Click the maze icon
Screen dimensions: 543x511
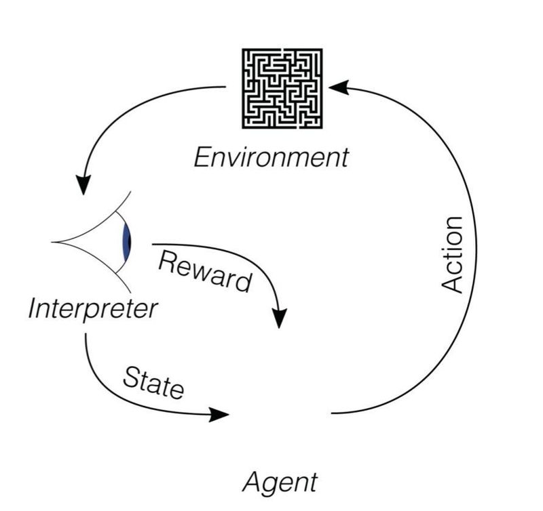pyautogui.click(x=282, y=89)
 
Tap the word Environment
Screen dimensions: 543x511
pyautogui.click(x=271, y=158)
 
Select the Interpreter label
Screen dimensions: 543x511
pyautogui.click(x=93, y=308)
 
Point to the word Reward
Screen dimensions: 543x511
pyautogui.click(x=205, y=271)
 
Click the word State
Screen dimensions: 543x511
pyautogui.click(x=153, y=383)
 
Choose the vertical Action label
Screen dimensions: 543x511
pyautogui.click(x=452, y=255)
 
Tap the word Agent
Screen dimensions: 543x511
pyautogui.click(x=280, y=482)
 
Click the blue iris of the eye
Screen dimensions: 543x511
pyautogui.click(x=127, y=242)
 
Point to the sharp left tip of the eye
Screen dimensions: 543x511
pyautogui.click(x=52, y=242)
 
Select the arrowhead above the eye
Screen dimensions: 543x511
pyautogui.click(x=83, y=185)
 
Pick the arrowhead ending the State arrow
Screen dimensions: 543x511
pyautogui.click(x=219, y=414)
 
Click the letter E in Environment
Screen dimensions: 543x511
pyautogui.click(x=202, y=158)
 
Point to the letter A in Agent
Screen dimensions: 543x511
pyautogui.click(x=251, y=481)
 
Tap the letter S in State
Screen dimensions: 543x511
pyautogui.click(x=132, y=377)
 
